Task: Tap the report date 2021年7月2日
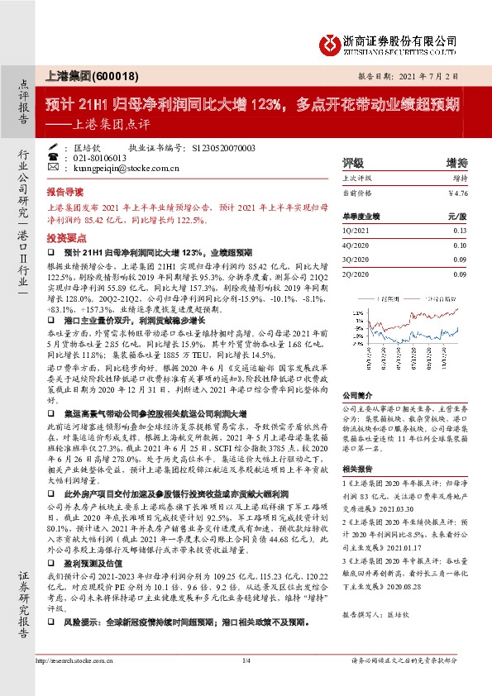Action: tap(438, 74)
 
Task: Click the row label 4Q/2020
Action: tap(356, 246)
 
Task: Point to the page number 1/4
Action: tap(246, 660)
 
